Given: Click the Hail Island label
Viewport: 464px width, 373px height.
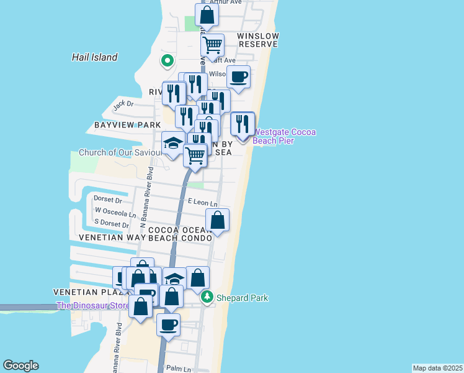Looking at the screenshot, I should click(94, 57).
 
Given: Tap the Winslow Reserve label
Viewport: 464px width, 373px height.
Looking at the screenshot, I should click(258, 40).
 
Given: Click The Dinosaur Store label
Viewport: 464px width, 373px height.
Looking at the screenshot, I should click(93, 305).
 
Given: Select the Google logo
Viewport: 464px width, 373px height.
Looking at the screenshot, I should click(20, 366).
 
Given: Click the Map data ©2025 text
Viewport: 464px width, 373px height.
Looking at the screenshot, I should click(437, 368).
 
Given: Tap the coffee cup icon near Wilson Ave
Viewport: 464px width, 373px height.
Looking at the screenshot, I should click(238, 77).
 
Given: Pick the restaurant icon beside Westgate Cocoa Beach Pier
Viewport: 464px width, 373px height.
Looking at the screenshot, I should click(243, 124).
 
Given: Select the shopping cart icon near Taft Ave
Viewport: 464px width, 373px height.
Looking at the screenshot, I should click(213, 45).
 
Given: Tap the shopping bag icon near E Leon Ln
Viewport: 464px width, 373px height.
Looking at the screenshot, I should click(217, 220).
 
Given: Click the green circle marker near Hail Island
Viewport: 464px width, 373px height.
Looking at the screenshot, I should click(166, 60).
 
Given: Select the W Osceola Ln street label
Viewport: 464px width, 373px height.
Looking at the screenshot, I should click(115, 212).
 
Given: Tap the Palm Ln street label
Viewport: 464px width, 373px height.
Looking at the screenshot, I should click(179, 369).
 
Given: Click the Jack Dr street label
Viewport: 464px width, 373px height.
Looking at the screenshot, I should click(123, 104).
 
